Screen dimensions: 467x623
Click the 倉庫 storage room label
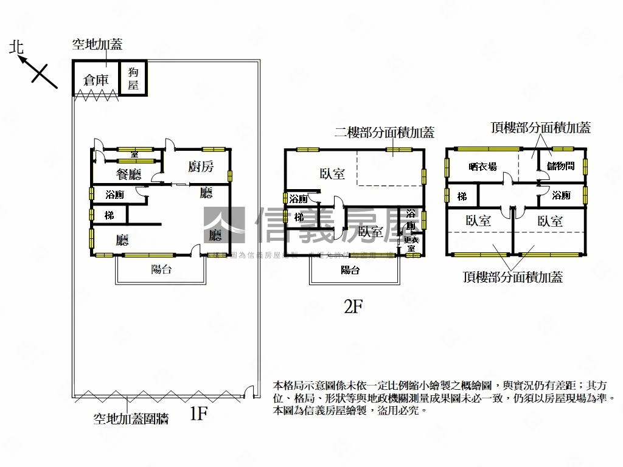(96, 79)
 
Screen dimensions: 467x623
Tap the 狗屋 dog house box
(133, 78)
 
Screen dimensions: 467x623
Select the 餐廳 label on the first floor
(128, 175)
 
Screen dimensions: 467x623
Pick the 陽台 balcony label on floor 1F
(161, 269)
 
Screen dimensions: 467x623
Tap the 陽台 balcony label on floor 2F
(350, 270)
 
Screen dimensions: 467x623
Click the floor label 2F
(353, 306)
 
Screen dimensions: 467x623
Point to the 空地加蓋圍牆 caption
(131, 418)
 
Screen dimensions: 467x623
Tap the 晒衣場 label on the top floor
(482, 166)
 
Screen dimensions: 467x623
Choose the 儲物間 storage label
(560, 165)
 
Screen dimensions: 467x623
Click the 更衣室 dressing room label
(411, 244)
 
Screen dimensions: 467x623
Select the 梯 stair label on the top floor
(462, 196)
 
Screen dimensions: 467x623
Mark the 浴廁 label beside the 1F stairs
(115, 195)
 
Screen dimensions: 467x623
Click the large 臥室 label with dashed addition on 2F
(332, 173)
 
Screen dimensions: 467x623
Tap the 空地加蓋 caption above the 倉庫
(97, 44)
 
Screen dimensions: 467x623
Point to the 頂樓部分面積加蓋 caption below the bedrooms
(512, 277)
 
